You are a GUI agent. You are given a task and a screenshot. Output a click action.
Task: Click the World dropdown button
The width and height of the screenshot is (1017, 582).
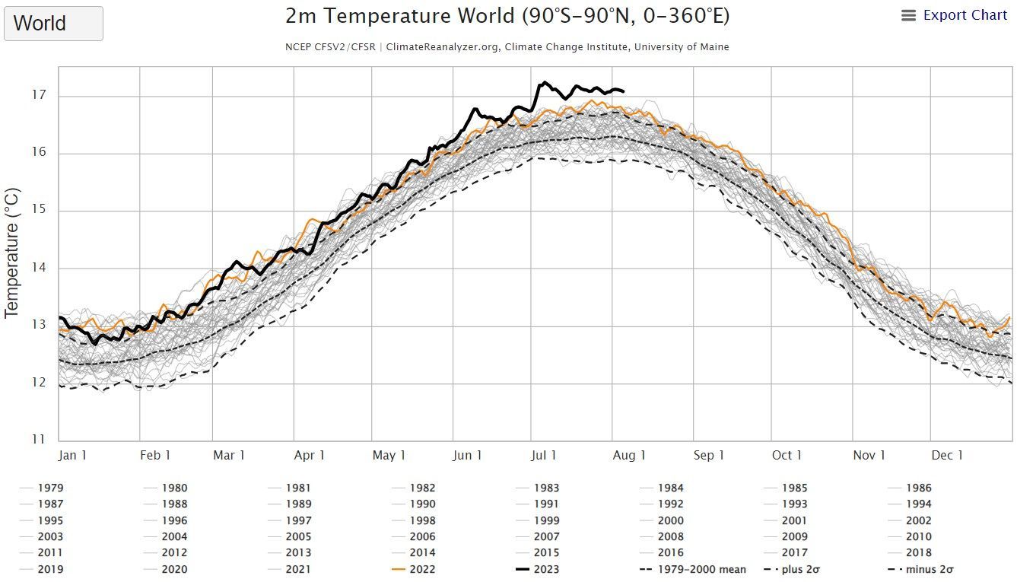(x=53, y=24)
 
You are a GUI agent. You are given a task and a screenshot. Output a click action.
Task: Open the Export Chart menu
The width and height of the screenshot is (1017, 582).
(x=955, y=15)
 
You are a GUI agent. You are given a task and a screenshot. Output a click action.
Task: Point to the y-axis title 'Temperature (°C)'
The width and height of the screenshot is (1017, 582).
(x=11, y=253)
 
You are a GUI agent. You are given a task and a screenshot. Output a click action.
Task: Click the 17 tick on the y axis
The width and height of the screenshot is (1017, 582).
(x=39, y=95)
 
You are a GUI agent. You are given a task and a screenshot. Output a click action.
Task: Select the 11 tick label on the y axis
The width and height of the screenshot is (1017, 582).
(x=39, y=440)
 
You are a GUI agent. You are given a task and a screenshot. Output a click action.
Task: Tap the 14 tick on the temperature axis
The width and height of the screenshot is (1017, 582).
(x=39, y=268)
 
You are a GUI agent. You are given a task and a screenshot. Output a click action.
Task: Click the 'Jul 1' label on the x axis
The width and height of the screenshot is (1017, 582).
(x=543, y=455)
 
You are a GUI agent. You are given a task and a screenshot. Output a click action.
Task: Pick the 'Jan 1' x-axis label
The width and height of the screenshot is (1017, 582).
(x=72, y=455)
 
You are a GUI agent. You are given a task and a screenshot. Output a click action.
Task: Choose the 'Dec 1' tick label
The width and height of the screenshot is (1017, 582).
(x=947, y=455)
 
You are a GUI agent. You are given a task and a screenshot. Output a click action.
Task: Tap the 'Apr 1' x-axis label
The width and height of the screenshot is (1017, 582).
(x=310, y=455)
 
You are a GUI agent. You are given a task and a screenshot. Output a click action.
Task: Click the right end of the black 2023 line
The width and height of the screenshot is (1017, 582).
(x=624, y=91)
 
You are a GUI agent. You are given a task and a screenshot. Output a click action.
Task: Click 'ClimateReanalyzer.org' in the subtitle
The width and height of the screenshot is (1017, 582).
(x=443, y=47)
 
